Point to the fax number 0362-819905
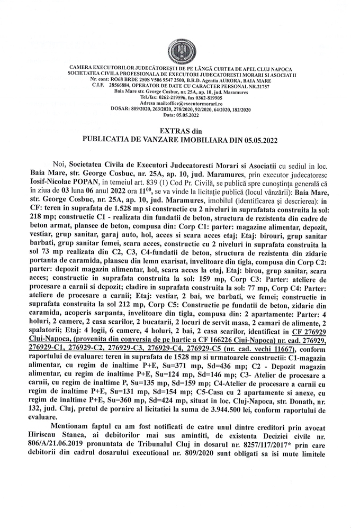click(207, 98)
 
